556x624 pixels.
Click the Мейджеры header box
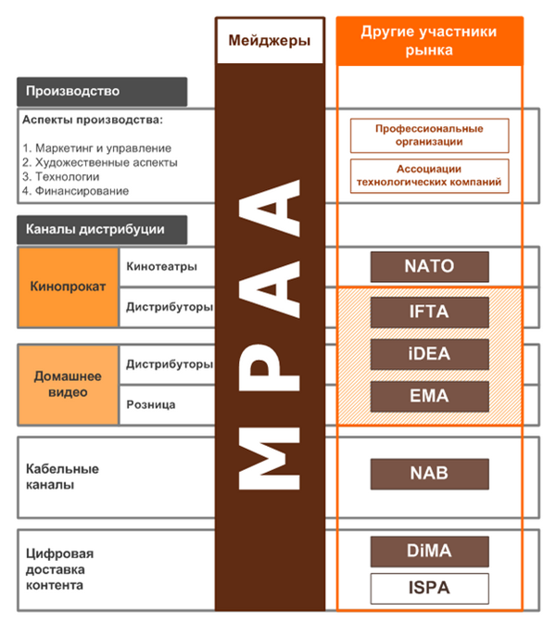click(270, 41)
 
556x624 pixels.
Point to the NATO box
click(429, 267)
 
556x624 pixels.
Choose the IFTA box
click(429, 312)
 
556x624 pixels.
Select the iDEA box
click(429, 353)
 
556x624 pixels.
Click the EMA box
click(429, 396)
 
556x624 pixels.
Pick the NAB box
click(429, 473)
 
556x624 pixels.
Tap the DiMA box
click(429, 551)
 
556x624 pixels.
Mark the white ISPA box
click(429, 588)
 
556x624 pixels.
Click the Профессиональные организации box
click(429, 135)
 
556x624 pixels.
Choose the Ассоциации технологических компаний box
click(429, 176)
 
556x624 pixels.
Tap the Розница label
click(150, 404)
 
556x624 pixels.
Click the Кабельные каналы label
click(62, 477)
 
